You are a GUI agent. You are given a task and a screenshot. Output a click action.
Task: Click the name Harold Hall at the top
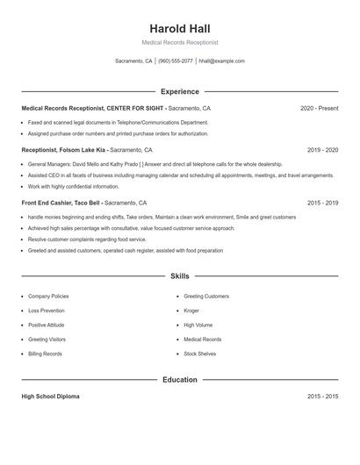click(180, 28)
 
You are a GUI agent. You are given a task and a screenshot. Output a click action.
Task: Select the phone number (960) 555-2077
click(176, 61)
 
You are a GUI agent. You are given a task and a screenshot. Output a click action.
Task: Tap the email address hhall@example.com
click(221, 61)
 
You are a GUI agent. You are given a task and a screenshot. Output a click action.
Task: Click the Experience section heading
click(180, 91)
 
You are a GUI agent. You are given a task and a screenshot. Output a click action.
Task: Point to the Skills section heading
click(180, 275)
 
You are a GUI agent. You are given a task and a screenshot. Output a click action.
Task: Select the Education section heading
click(180, 380)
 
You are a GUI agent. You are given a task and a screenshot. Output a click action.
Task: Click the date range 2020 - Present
click(319, 108)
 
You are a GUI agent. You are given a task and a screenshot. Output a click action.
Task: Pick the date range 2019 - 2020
click(322, 150)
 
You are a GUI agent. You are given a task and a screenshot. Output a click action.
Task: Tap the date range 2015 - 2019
click(322, 203)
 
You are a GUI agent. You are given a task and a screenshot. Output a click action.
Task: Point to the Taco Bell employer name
click(90, 203)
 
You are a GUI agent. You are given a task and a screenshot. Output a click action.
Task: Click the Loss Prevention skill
click(46, 311)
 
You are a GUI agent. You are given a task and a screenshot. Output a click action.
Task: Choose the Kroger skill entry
click(191, 311)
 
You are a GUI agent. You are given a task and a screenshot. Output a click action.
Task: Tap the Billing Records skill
click(45, 354)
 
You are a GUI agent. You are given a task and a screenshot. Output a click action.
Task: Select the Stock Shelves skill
click(199, 354)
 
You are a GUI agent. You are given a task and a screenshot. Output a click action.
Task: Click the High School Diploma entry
click(50, 397)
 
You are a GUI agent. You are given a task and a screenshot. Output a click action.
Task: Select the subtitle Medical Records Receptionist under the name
click(180, 42)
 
